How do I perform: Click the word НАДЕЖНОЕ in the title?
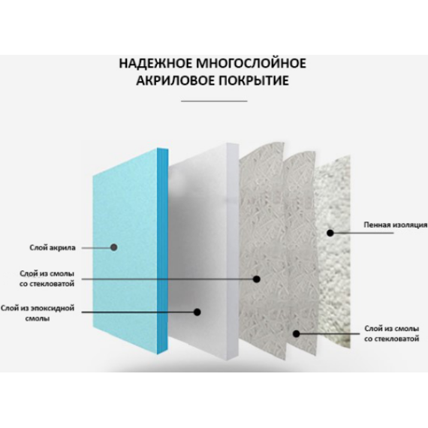point(155,64)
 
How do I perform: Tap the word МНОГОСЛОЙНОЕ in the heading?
point(252,63)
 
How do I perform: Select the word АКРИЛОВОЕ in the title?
point(176,81)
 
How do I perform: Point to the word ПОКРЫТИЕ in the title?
point(254,81)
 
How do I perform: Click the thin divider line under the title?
point(214,101)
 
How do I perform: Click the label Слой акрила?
point(53,248)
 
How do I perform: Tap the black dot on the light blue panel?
point(114,248)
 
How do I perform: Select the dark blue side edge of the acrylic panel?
point(163,251)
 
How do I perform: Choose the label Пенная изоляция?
point(395,225)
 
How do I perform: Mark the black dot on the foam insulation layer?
point(330,233)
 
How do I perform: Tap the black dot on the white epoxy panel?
point(197,312)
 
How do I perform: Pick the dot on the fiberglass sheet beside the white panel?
point(256,279)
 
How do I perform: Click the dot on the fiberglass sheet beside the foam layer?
point(296,333)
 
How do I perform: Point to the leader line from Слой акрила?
point(96,248)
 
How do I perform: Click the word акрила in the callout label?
point(64,248)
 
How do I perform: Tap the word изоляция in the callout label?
point(410,225)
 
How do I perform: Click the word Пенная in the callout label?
point(377,225)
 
